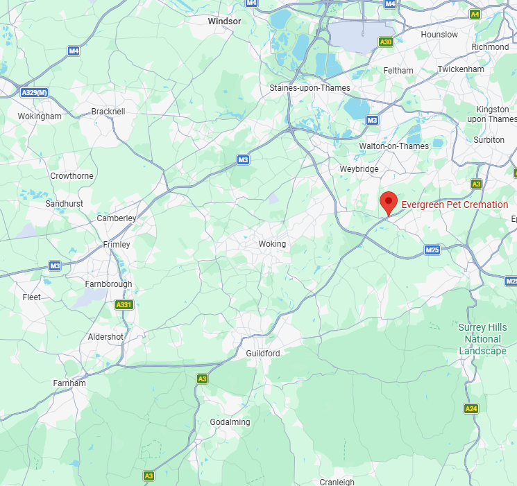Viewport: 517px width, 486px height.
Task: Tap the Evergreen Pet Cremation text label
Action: (455, 205)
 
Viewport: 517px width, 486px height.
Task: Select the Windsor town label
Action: (225, 21)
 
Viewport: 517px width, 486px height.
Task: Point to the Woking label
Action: (272, 244)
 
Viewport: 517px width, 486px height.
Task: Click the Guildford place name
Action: (263, 354)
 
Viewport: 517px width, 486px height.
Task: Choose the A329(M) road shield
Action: (33, 93)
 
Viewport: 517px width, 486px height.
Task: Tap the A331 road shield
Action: (124, 304)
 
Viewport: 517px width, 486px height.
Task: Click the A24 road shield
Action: (471, 409)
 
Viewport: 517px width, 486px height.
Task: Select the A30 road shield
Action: (386, 42)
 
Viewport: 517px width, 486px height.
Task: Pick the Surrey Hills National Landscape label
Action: (482, 339)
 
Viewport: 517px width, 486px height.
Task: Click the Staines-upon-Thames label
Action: (310, 88)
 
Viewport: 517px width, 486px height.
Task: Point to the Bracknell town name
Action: (108, 111)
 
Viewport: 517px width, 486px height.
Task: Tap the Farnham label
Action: (69, 383)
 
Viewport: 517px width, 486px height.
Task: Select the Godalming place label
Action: (230, 422)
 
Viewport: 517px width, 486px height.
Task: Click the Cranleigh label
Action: (337, 482)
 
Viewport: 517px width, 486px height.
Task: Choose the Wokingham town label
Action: (40, 116)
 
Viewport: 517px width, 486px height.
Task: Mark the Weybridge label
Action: (359, 169)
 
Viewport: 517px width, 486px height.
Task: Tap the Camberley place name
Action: (117, 218)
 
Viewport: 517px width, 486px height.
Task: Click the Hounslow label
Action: (439, 35)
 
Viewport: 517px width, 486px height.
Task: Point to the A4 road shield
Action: (475, 14)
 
